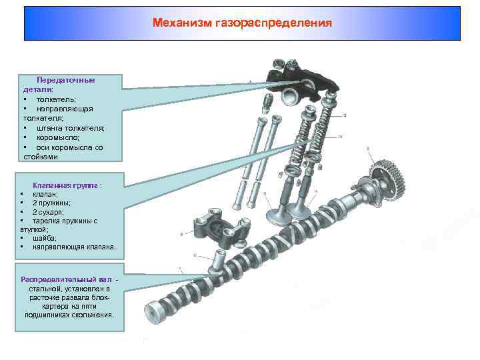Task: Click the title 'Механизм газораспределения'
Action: pyautogui.click(x=242, y=23)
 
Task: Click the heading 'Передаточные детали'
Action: pyautogui.click(x=65, y=80)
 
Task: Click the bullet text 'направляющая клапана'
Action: pyautogui.click(x=73, y=247)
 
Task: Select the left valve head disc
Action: pyautogui.click(x=277, y=216)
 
